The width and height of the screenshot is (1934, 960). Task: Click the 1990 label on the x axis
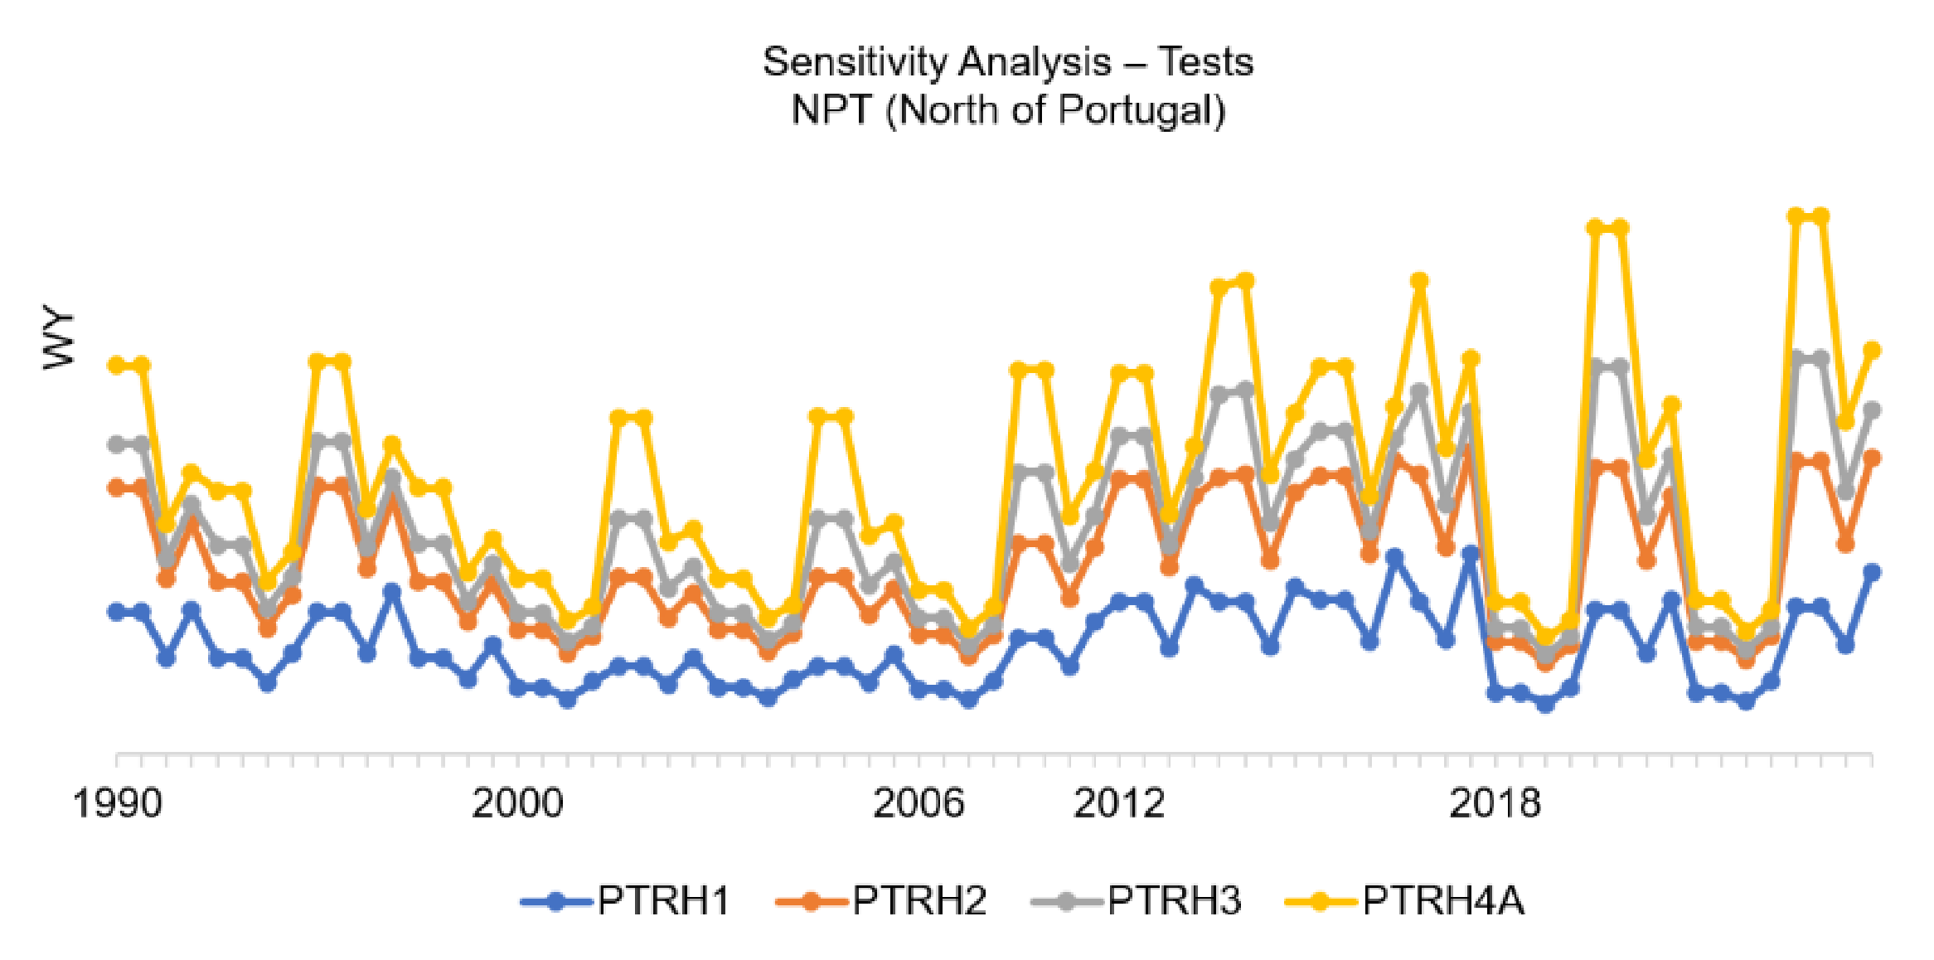[x=117, y=802]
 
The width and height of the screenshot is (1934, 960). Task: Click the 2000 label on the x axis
[x=517, y=802]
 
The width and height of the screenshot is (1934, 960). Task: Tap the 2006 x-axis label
[x=919, y=802]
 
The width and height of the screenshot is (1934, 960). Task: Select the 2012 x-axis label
[x=1119, y=802]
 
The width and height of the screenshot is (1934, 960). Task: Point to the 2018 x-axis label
[x=1495, y=802]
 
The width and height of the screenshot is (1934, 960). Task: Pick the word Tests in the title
[x=1205, y=62]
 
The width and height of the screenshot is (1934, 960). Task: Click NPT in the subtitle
[x=831, y=109]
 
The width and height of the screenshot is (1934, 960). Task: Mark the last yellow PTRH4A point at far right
[x=1872, y=351]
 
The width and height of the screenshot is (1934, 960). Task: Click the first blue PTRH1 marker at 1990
[x=117, y=612]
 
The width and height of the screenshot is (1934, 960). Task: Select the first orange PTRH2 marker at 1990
[x=117, y=487]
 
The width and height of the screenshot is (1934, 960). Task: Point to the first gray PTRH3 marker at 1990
[x=117, y=444]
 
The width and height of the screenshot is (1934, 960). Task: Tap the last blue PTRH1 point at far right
[x=1872, y=572]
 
